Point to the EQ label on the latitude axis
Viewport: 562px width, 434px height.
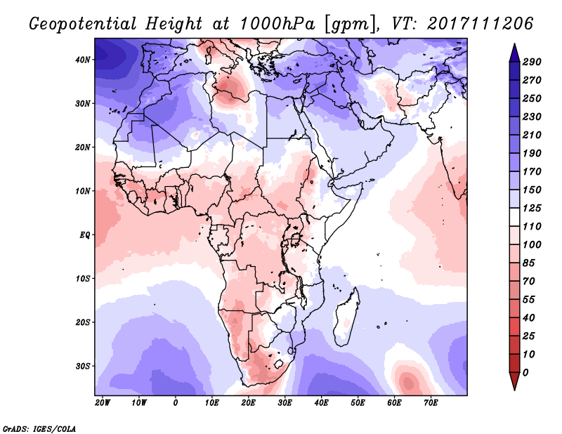pyautogui.click(x=85, y=235)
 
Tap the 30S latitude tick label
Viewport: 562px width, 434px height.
pyautogui.click(x=84, y=366)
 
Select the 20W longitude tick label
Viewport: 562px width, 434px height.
pyautogui.click(x=102, y=403)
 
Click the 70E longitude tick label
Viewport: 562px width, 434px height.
pyautogui.click(x=431, y=403)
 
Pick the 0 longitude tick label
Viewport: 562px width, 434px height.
pyautogui.click(x=176, y=403)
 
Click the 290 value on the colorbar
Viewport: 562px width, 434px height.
pyautogui.click(x=531, y=63)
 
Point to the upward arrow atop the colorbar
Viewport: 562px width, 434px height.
pyautogui.click(x=514, y=51)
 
